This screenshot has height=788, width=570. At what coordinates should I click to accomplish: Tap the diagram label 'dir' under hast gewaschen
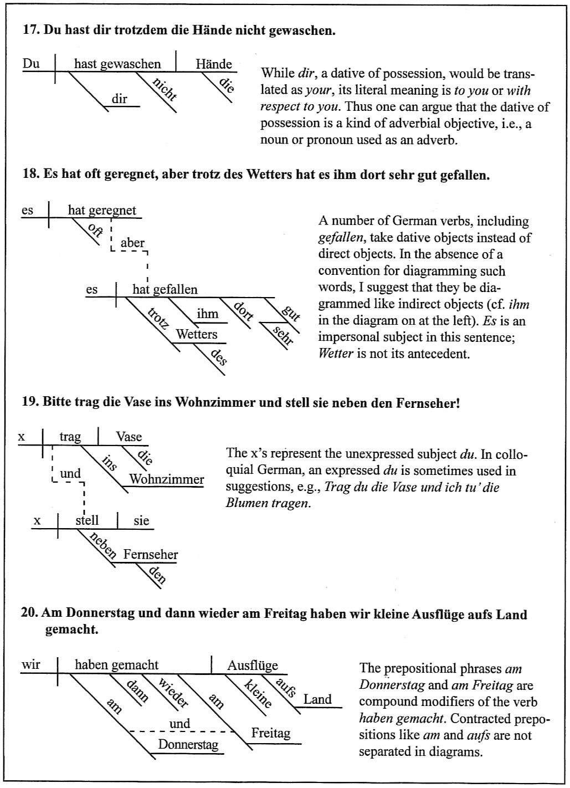click(120, 100)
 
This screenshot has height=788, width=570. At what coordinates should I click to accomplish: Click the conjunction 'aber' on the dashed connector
click(132, 243)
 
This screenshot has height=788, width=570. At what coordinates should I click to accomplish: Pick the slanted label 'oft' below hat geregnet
click(95, 229)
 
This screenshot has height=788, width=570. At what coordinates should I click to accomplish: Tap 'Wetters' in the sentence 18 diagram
click(197, 335)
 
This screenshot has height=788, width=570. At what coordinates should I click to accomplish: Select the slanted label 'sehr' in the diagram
click(283, 336)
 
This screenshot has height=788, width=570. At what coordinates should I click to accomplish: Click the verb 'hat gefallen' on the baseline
click(165, 289)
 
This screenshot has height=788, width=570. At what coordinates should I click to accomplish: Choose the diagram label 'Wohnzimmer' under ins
click(167, 479)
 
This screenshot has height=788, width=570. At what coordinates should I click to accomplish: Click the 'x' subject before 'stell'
click(38, 521)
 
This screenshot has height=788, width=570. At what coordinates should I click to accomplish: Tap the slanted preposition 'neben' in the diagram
click(104, 545)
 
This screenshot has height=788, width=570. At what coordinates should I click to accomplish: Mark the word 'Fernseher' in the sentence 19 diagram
click(151, 555)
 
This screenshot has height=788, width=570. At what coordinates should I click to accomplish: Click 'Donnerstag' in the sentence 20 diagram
click(188, 744)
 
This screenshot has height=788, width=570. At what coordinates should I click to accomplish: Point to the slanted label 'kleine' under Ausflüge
click(258, 693)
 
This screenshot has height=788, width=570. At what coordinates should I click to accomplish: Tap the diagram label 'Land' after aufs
click(317, 699)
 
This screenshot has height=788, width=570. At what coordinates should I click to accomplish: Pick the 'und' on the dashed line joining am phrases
click(180, 724)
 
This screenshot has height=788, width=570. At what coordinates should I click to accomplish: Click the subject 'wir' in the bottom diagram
click(32, 664)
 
